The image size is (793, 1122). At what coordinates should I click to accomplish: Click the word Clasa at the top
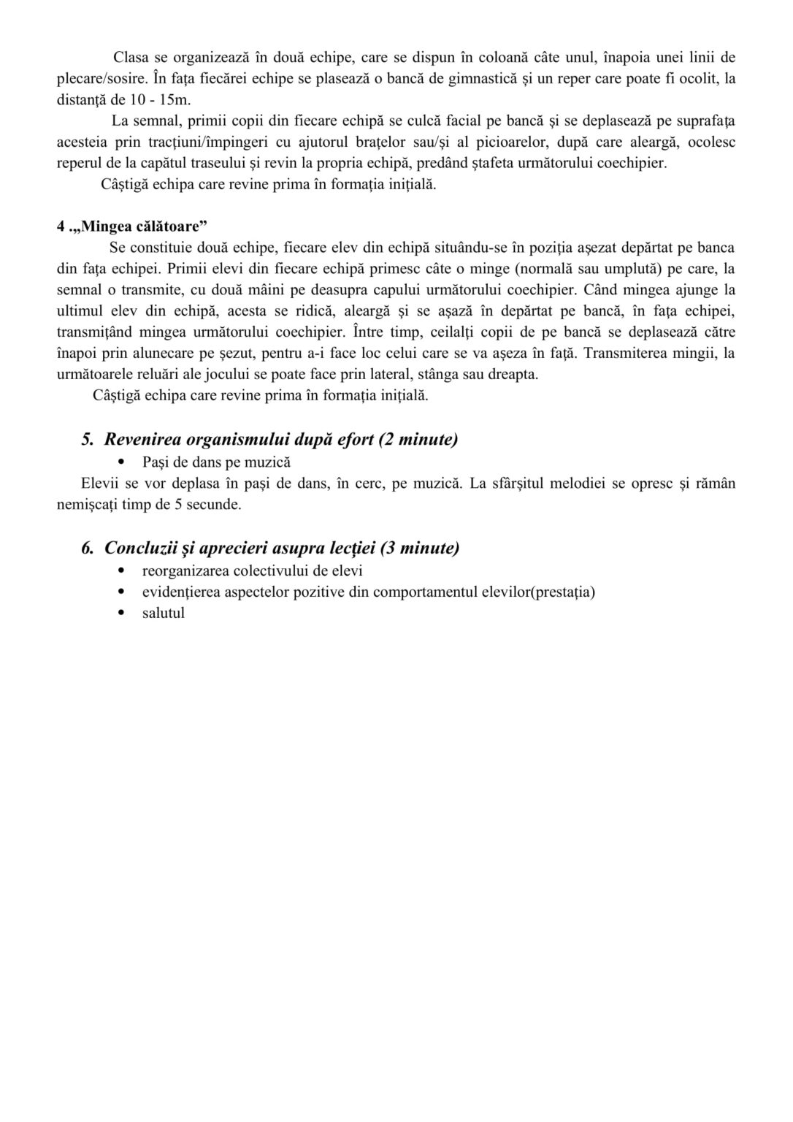coord(130,57)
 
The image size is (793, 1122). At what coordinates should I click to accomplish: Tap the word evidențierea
coord(183,592)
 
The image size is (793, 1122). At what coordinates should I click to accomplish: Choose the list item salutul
coord(164,613)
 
